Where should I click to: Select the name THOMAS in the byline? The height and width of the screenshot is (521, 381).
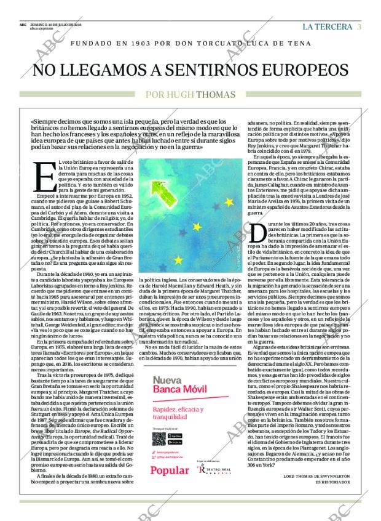tap(216, 94)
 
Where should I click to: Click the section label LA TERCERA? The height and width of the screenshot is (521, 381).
tap(328, 26)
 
